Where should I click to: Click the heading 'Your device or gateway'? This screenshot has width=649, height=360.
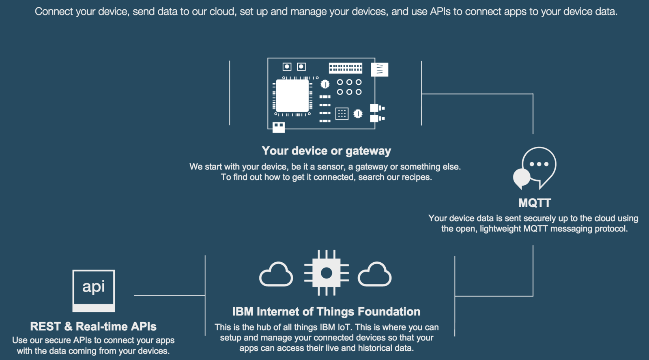click(326, 151)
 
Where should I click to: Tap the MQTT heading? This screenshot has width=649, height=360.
click(535, 203)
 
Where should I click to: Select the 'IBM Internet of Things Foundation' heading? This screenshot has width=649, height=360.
click(326, 311)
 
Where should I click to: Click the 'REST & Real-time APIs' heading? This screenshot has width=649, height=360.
click(93, 326)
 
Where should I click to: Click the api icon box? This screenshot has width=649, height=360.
click(94, 290)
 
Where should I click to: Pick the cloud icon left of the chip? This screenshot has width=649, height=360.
click(276, 274)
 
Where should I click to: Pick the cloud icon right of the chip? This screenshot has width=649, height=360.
click(374, 274)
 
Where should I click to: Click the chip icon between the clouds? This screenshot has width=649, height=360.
click(326, 273)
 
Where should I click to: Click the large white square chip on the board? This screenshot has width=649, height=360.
click(292, 96)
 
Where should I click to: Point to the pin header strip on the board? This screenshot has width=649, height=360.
click(345, 68)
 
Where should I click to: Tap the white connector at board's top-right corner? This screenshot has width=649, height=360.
click(379, 69)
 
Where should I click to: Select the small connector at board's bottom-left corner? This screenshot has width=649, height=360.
click(278, 127)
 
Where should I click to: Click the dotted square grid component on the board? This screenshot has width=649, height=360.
click(342, 114)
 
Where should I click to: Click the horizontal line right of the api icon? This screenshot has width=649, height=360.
click(169, 295)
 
